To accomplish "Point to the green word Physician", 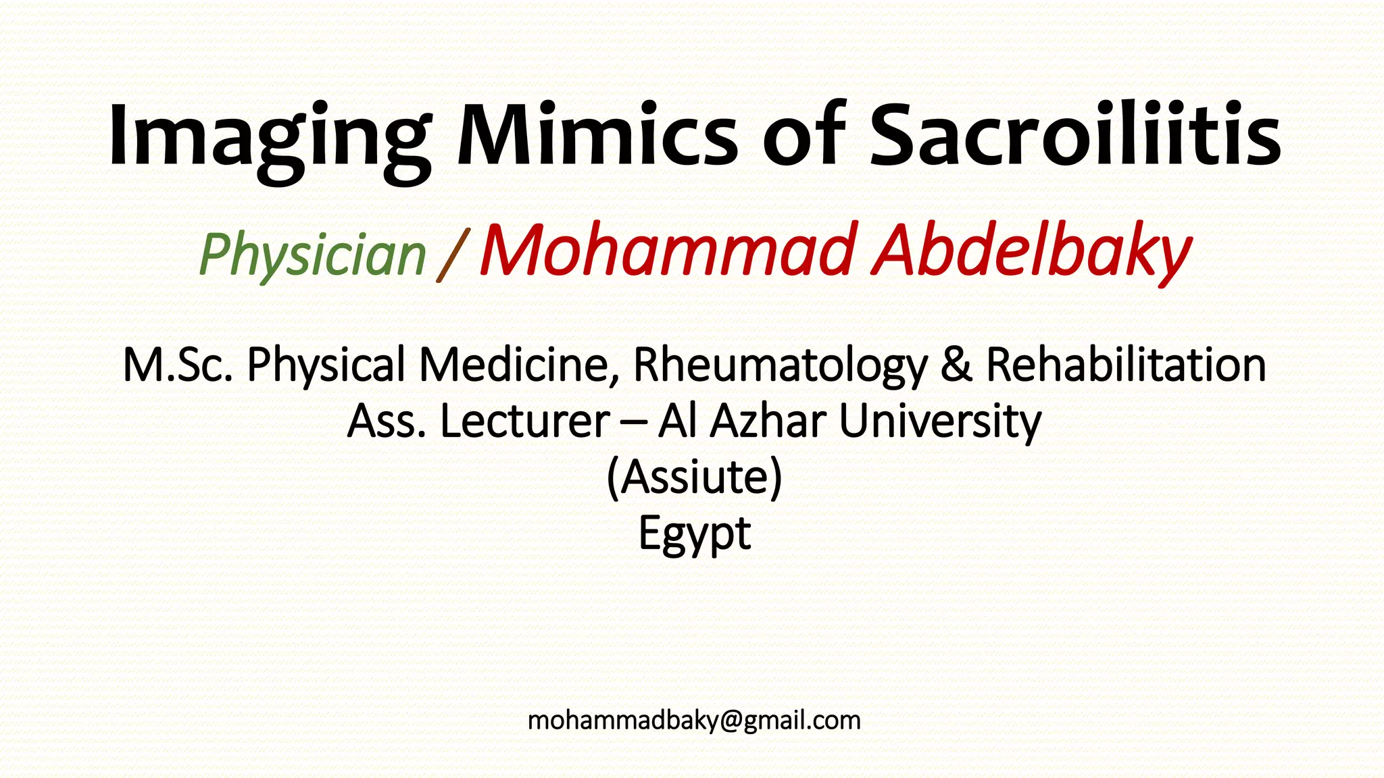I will coord(312,255).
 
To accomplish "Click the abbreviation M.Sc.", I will coord(178,365).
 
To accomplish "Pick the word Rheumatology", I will coord(780,365).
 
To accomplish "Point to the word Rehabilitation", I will coord(1126,365).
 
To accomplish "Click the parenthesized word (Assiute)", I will coord(694,477).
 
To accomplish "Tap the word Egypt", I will coord(694,534).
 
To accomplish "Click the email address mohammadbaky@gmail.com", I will coord(694,721).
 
